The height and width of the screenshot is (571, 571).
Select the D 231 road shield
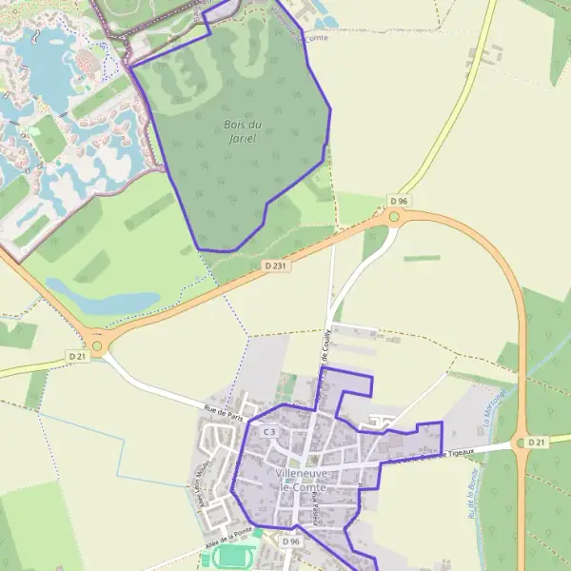click(276, 266)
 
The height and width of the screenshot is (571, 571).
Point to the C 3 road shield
click(269, 432)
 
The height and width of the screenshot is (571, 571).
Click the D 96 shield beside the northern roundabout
click(399, 202)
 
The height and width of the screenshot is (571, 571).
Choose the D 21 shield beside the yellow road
click(77, 355)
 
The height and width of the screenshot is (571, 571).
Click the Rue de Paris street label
click(225, 414)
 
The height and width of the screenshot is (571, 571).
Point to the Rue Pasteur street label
click(316, 513)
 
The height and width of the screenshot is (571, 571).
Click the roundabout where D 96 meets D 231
click(393, 217)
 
